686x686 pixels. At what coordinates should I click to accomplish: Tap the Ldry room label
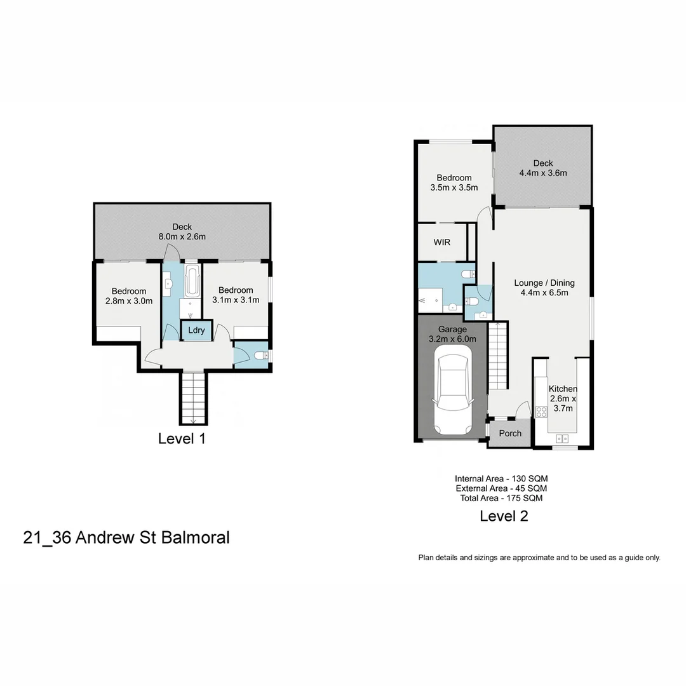tap(196, 330)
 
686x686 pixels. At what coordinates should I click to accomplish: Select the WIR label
tap(442, 243)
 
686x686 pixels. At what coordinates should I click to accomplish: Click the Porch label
tap(509, 433)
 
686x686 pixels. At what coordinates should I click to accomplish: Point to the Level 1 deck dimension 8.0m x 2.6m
tap(182, 236)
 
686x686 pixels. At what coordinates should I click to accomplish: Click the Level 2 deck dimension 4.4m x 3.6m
tap(543, 173)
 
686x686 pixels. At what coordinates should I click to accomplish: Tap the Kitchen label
tap(562, 389)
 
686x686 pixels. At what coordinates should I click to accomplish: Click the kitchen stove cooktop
tap(542, 411)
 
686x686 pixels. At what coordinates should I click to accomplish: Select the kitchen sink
tap(562, 438)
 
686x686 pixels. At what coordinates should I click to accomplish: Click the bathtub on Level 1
tap(192, 282)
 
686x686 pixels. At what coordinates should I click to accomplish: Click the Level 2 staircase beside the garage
tap(499, 356)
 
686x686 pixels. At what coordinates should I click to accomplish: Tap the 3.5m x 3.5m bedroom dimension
tap(454, 187)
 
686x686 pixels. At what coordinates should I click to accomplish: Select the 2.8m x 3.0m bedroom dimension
tap(129, 301)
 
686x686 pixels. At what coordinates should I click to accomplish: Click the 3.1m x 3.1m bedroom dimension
tap(236, 300)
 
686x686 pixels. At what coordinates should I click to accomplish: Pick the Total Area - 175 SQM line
tap(501, 498)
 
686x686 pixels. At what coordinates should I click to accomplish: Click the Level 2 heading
tap(504, 516)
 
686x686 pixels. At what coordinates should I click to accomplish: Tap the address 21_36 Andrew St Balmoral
tap(126, 538)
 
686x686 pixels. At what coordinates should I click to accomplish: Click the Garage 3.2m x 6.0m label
tap(452, 334)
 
